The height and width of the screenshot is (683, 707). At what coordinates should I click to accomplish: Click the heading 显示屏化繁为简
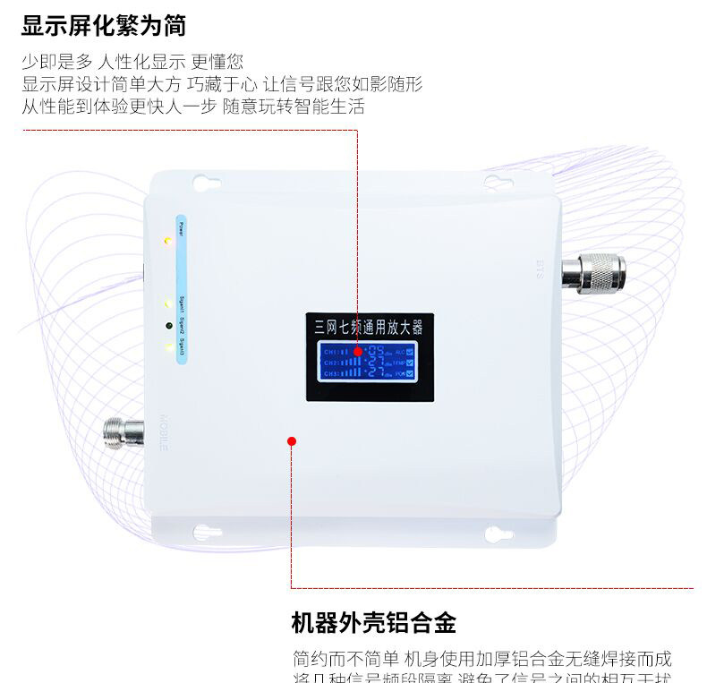pyautogui.click(x=104, y=25)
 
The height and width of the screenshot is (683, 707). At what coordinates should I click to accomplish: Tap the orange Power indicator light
pyautogui.click(x=167, y=242)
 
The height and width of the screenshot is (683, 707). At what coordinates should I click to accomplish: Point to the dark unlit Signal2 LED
pyautogui.click(x=167, y=324)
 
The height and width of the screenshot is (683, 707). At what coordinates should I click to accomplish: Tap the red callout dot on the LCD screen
pyautogui.click(x=358, y=352)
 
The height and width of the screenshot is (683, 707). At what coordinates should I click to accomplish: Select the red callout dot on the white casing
pyautogui.click(x=291, y=440)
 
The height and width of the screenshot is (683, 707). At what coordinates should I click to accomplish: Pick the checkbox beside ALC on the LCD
pyautogui.click(x=410, y=351)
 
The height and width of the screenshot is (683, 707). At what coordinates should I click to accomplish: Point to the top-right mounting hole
pyautogui.click(x=494, y=183)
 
